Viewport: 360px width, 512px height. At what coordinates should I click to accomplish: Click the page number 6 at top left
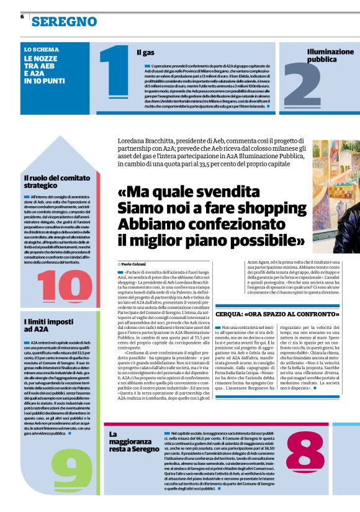pos(22,17)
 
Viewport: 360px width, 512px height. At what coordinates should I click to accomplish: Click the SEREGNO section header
pos(64,22)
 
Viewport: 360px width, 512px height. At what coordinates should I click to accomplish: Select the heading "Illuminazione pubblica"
pos(330,56)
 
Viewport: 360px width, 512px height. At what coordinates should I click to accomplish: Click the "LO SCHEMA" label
pos(42,49)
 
